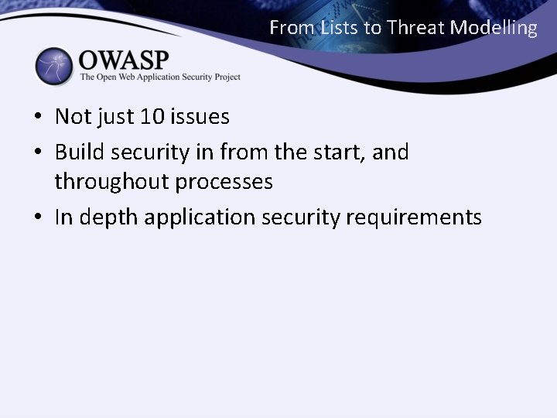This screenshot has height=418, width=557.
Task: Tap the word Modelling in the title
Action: tap(494, 29)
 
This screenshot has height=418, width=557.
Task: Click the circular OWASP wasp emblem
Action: tap(53, 66)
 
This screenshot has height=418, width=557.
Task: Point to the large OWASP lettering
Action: tap(123, 60)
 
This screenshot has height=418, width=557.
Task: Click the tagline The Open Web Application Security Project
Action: tap(160, 77)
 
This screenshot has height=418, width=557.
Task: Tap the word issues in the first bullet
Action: tap(201, 117)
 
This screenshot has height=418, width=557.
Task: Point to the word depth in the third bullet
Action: tap(104, 218)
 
